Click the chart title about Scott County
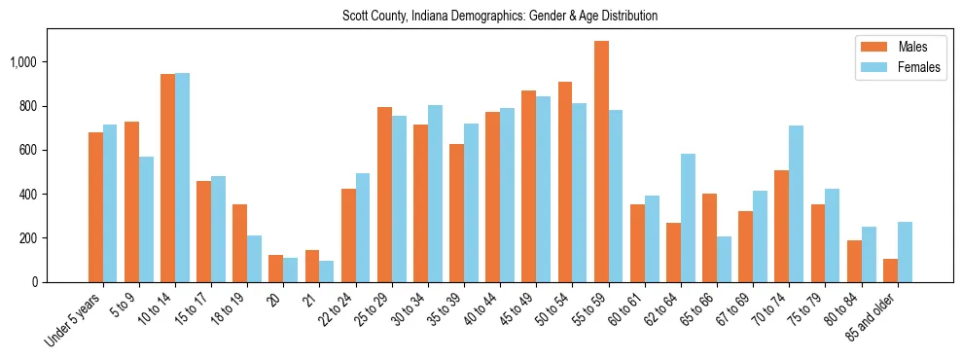(500, 16)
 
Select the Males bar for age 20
(276, 269)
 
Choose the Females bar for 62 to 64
(689, 218)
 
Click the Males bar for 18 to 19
(239, 243)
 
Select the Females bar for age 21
(327, 271)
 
